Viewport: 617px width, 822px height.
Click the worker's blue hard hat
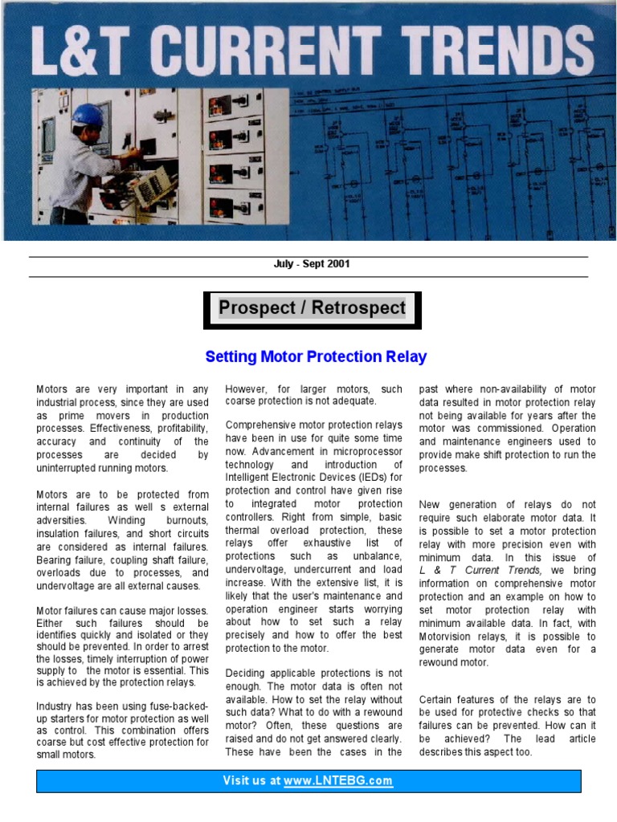(87, 115)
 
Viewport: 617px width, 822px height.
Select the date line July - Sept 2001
(312, 264)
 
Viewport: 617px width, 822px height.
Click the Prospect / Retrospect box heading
(313, 308)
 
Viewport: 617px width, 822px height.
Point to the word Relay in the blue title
(405, 356)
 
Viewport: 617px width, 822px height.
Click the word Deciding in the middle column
(249, 673)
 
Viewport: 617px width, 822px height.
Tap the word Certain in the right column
(437, 700)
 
